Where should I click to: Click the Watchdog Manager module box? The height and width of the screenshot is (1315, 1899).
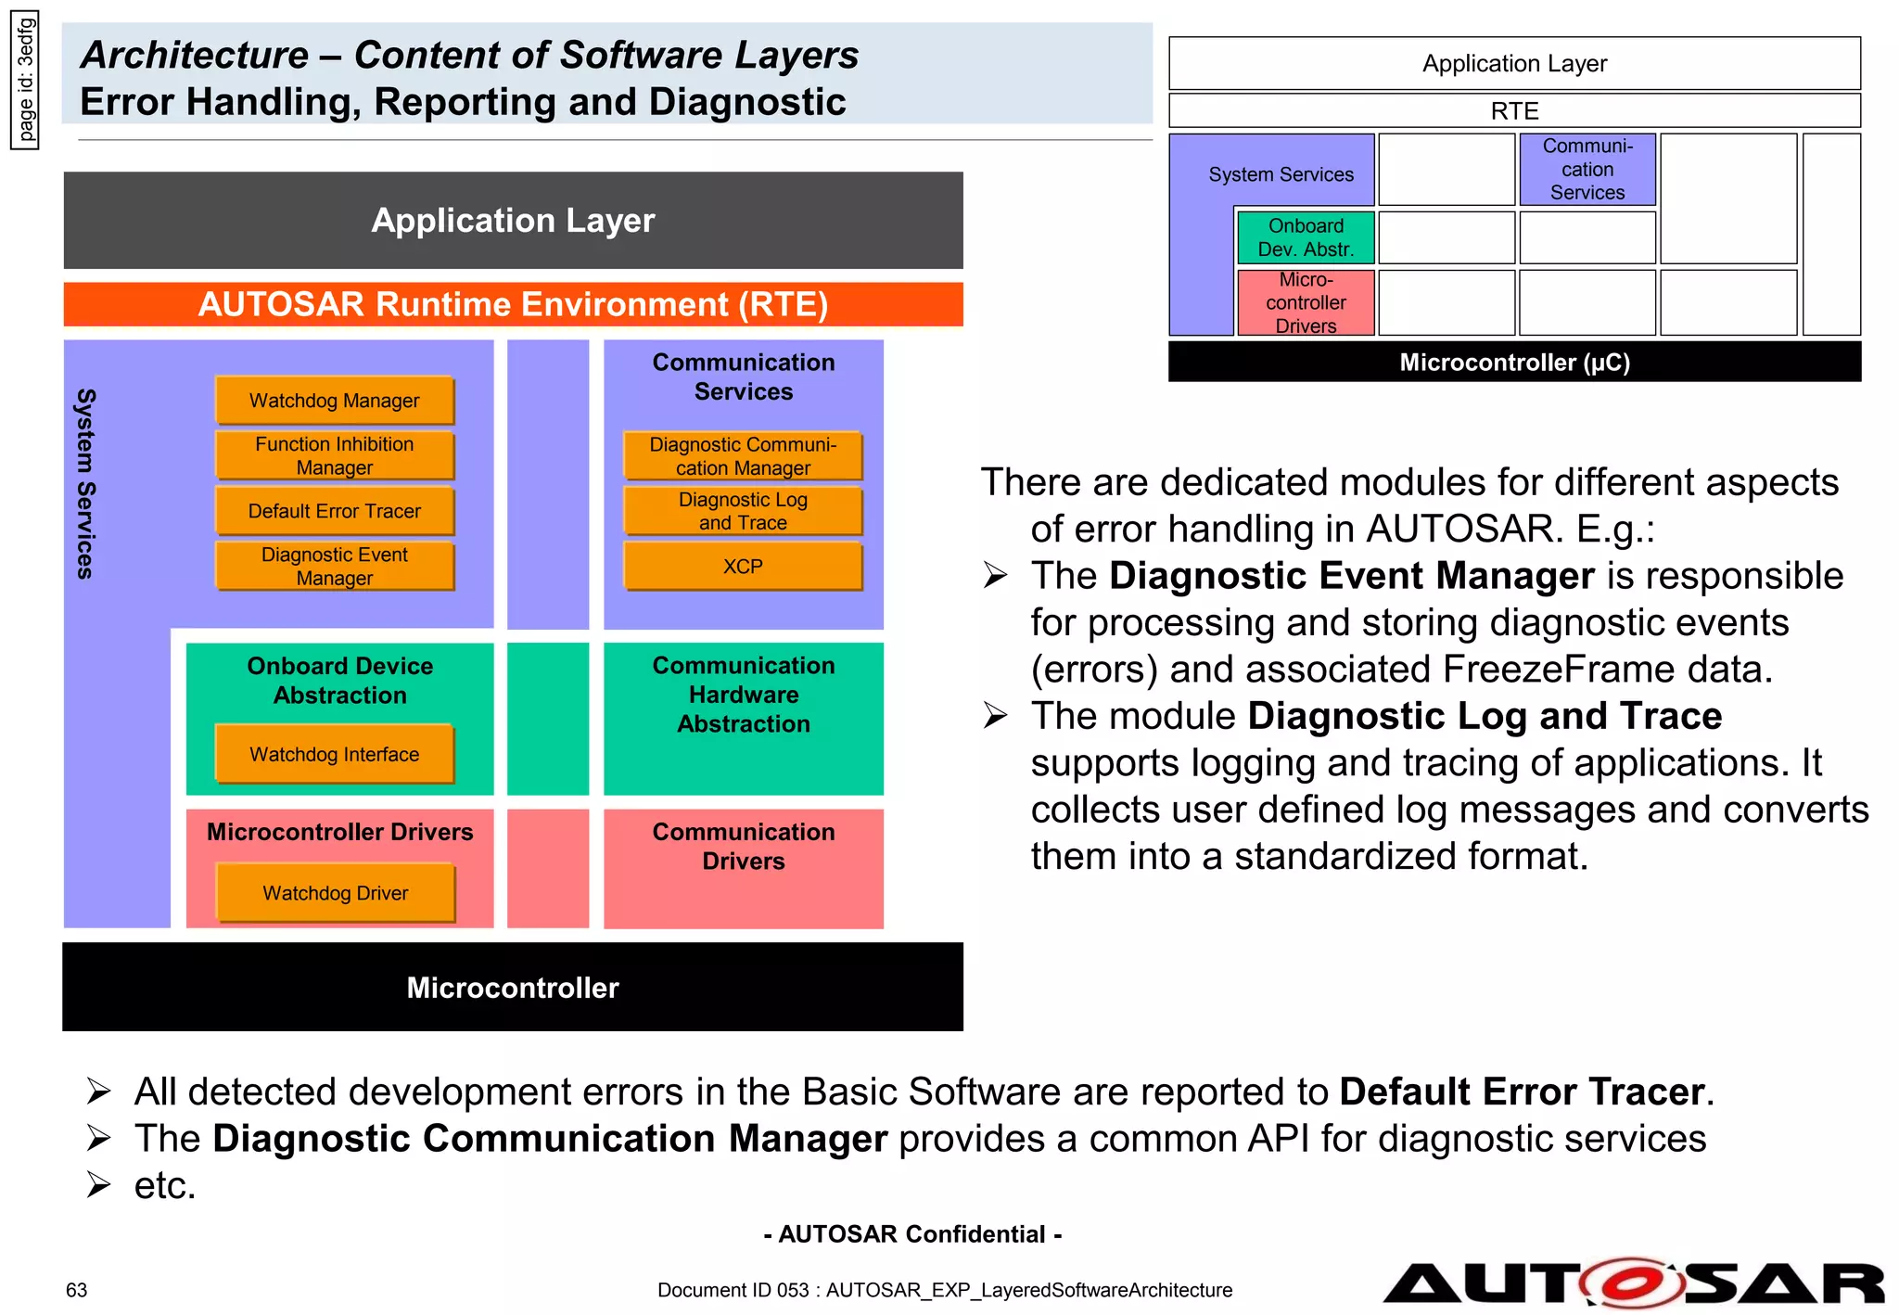335,401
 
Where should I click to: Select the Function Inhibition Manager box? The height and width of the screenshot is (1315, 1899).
335,455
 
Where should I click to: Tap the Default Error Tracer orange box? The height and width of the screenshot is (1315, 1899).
335,511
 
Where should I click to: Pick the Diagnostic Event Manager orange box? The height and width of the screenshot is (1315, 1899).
335,566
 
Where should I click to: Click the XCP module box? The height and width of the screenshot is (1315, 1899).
743,566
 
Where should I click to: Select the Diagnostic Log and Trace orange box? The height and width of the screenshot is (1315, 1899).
743,511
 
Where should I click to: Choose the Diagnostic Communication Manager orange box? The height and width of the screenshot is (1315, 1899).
743,455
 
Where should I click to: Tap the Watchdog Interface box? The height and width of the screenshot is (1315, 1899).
335,754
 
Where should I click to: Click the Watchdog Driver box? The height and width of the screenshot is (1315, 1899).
336,893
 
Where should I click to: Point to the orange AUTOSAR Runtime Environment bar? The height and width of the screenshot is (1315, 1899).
513,304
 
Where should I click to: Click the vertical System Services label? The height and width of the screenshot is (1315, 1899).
85,483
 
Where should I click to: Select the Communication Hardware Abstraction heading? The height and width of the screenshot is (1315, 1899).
743,695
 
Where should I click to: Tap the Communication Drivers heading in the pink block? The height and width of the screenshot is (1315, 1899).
743,846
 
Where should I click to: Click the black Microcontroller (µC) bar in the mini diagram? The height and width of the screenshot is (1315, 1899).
1514,362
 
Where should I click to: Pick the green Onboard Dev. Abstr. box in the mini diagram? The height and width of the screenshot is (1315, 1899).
1306,237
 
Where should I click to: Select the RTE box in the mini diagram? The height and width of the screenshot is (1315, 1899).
1514,110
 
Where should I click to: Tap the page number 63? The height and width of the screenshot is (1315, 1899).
76,1290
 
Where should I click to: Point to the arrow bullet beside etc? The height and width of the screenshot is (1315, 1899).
98,1185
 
